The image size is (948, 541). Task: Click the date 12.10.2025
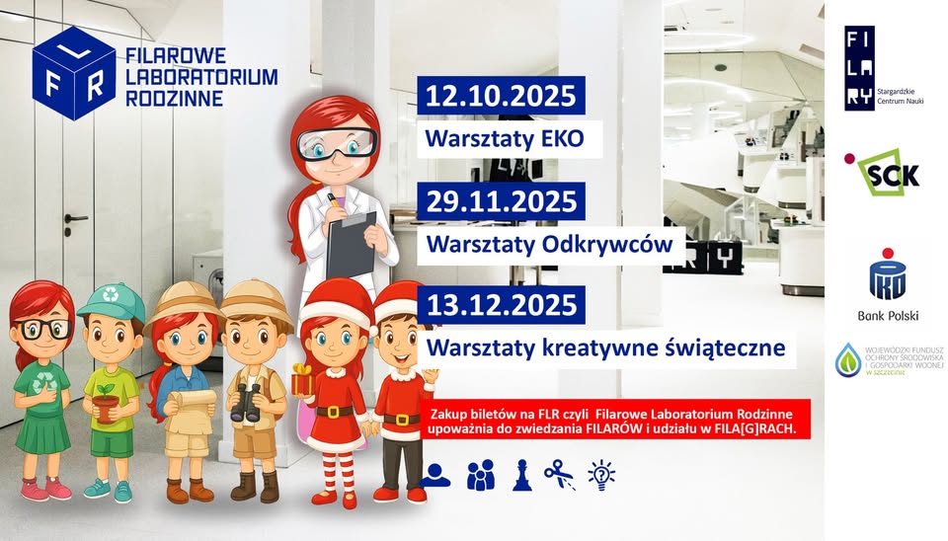tap(501, 96)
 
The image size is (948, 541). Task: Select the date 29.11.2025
tap(502, 201)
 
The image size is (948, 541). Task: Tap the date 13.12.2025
tap(502, 305)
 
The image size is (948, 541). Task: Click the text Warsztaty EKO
tap(505, 139)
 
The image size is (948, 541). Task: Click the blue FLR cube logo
tap(74, 73)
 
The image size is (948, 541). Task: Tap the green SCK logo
tap(883, 173)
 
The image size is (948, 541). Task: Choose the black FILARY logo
tap(860, 68)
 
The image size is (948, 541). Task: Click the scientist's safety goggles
tap(337, 144)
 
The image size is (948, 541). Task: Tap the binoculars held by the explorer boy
tap(246, 402)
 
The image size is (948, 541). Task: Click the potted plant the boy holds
tap(107, 403)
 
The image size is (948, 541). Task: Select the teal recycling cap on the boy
tap(112, 302)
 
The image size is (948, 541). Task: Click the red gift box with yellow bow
tap(303, 380)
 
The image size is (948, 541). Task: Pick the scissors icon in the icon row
tap(559, 474)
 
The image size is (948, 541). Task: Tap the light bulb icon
tap(601, 475)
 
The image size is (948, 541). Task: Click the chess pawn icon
tap(522, 475)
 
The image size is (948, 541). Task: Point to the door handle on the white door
tap(75, 217)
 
